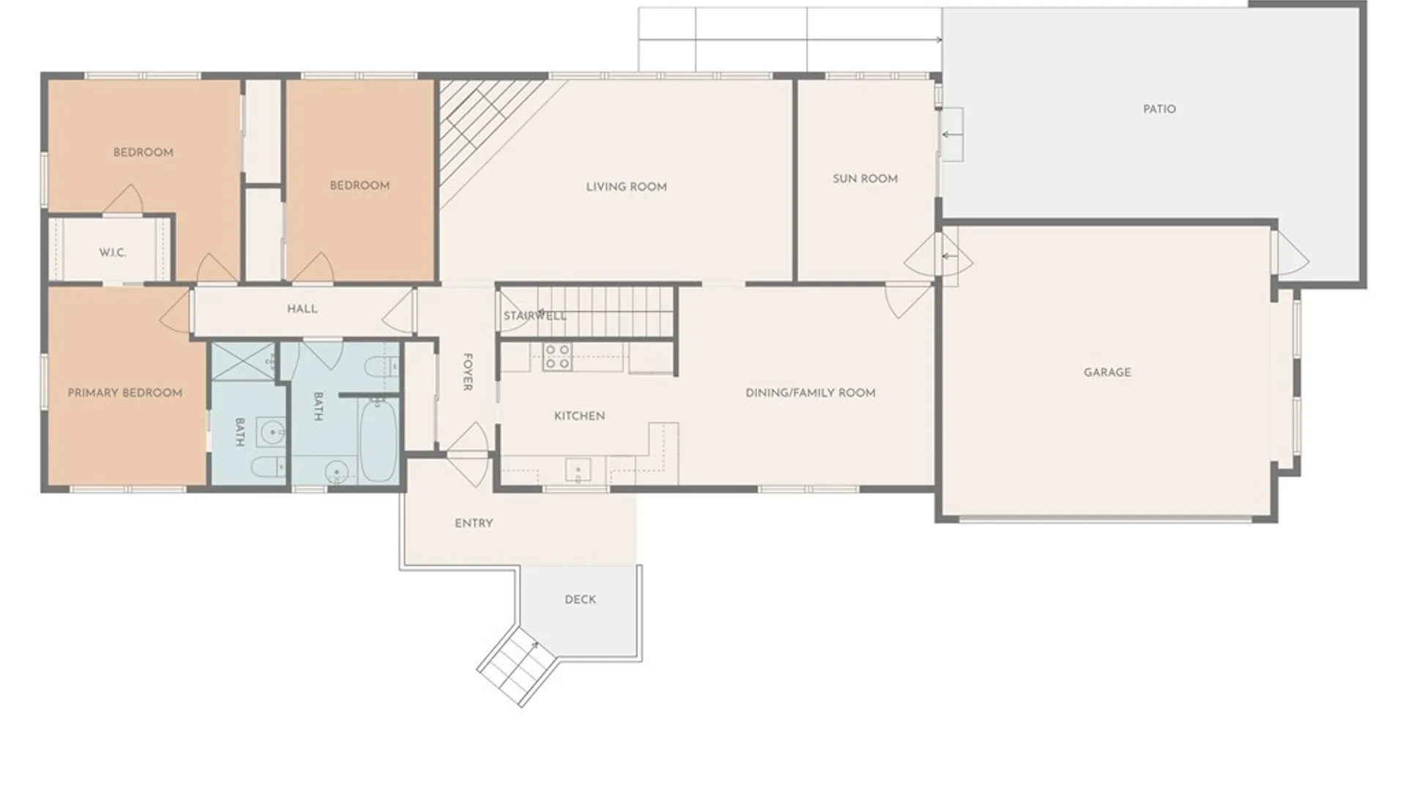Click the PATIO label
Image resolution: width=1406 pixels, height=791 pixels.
[x=1159, y=109]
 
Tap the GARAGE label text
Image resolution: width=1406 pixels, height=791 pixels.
[x=1106, y=372]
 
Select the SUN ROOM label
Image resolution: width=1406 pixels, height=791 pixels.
[x=865, y=179]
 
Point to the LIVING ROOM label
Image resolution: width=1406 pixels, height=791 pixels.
[x=626, y=187]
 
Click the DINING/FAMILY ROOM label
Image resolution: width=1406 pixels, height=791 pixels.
[x=810, y=393]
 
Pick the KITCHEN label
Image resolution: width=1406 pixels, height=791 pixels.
[x=579, y=416]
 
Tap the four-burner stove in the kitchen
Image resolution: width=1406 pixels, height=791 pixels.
[x=557, y=357]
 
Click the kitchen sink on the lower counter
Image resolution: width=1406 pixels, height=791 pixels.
[x=578, y=469]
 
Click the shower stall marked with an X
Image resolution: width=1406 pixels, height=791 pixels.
[x=242, y=360]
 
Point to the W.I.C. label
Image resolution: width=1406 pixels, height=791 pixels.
[x=113, y=253]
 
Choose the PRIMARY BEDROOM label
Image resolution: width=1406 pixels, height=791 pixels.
[x=124, y=393]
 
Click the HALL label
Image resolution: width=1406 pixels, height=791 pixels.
[x=302, y=309]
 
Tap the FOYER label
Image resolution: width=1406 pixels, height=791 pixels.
[x=467, y=372]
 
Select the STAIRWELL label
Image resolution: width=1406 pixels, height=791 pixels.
[x=535, y=316]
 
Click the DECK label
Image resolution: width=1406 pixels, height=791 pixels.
[x=580, y=599]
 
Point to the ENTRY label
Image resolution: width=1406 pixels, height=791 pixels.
[x=473, y=523]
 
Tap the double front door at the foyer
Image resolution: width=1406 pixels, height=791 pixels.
[x=467, y=456]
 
